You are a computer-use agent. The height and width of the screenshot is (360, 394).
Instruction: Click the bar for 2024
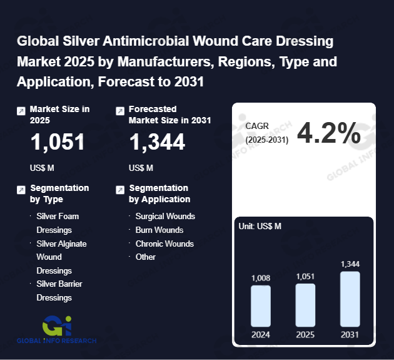[260, 306]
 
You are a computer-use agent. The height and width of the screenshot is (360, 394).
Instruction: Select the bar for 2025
[305, 305]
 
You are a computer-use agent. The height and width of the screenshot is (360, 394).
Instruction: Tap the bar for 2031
[350, 299]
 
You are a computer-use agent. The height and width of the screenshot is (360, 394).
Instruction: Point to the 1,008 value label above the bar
[261, 278]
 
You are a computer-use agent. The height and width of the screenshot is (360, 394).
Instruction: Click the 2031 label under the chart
[350, 335]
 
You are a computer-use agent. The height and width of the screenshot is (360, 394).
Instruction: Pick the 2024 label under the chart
[261, 335]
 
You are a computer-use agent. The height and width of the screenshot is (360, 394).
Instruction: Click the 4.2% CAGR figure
[328, 133]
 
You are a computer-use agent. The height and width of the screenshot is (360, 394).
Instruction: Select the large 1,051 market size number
[58, 143]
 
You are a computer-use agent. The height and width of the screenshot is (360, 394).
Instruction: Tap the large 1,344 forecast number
[157, 143]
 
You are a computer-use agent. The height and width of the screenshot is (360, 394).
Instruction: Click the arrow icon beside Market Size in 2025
[21, 111]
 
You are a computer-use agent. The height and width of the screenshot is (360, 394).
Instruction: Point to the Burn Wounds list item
[159, 230]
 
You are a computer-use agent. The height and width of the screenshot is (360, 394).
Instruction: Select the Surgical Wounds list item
[165, 216]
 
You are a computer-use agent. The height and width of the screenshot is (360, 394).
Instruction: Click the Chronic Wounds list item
[164, 244]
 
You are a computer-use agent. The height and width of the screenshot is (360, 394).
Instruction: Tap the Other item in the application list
[145, 257]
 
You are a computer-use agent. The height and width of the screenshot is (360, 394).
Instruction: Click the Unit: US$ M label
[260, 226]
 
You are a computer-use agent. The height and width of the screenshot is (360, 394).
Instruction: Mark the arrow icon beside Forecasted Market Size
[120, 111]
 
